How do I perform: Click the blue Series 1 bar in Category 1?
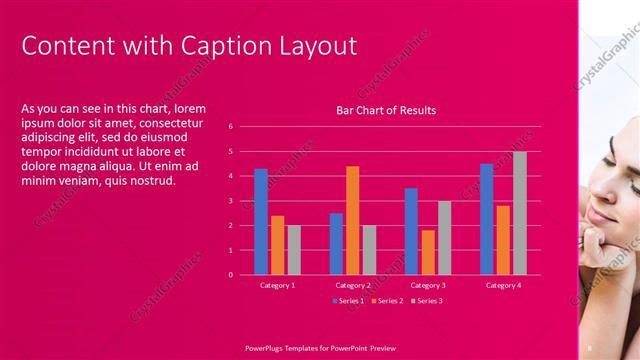261,221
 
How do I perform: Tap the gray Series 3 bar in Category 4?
520,213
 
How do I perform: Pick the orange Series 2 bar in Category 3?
428,252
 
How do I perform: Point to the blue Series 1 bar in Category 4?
486,219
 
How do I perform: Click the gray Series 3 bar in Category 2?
369,249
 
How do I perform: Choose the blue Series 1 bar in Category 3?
411,231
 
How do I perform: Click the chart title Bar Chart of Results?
385,110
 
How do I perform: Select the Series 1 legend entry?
348,300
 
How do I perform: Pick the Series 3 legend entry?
426,300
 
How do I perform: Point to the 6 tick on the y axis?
230,127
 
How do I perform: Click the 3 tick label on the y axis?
230,201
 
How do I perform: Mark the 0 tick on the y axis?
230,275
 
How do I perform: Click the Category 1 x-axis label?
277,286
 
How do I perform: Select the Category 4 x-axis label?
503,286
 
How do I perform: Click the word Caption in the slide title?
216,46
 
